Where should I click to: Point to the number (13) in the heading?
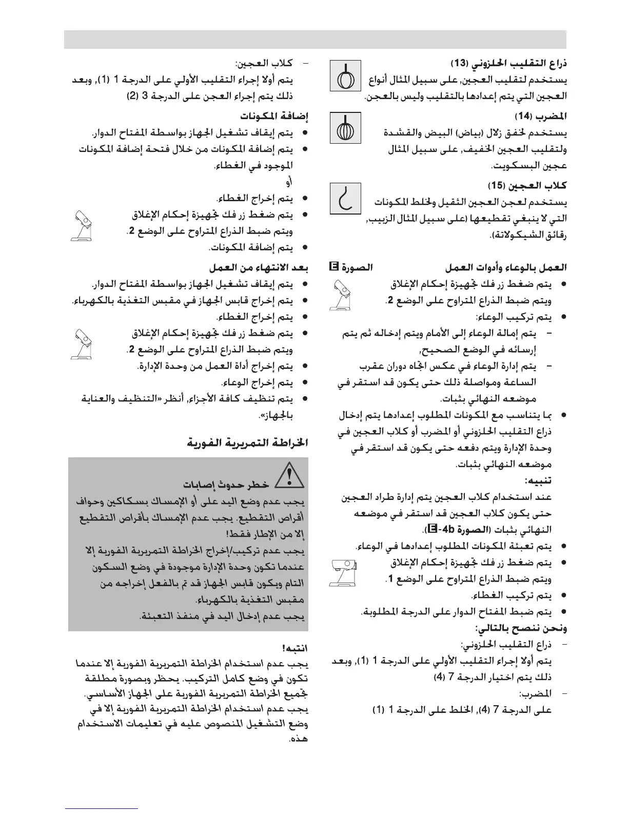(459, 64)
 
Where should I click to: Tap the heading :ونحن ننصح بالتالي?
(521, 628)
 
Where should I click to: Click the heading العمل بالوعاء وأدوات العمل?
(506, 267)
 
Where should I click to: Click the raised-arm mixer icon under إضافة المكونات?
(83, 225)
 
